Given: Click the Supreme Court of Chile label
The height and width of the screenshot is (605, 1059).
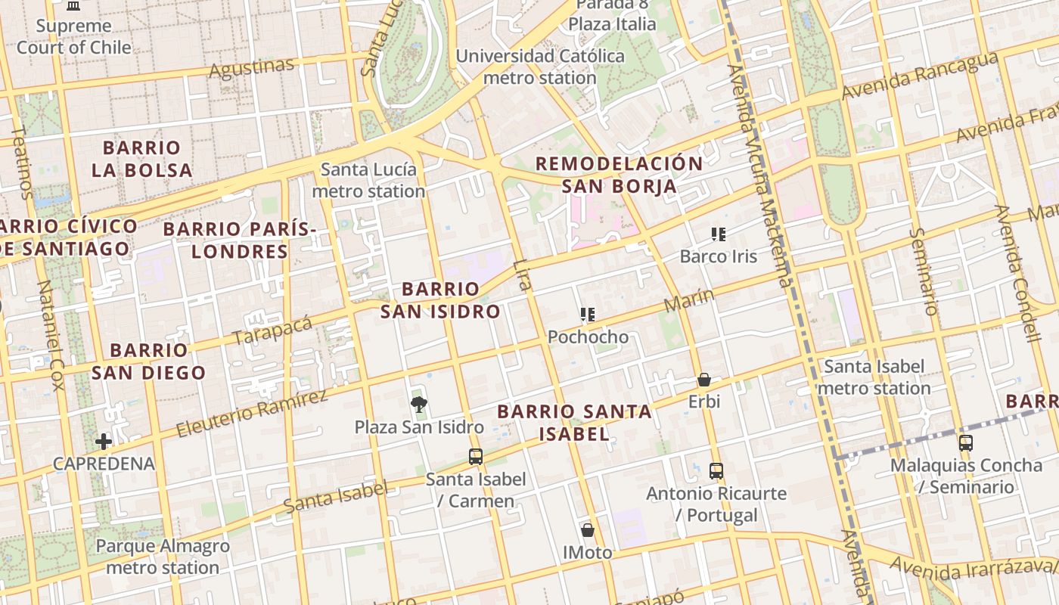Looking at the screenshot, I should coord(73,36).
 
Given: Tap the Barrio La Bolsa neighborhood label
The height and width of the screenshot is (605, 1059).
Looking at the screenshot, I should coord(141,159).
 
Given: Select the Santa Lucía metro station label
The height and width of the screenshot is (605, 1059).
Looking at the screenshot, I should coord(368,180).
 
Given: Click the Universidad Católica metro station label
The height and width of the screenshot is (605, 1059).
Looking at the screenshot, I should coord(540,67).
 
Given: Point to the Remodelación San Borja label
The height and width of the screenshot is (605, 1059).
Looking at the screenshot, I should coord(619,175).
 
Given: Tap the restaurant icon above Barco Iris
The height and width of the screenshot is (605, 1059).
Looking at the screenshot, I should coord(719,234).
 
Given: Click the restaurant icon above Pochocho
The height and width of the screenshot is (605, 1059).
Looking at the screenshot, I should coord(588,315).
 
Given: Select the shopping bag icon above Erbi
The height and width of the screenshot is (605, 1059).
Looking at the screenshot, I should coord(704,380).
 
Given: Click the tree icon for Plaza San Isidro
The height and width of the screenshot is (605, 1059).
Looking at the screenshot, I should coord(418,405).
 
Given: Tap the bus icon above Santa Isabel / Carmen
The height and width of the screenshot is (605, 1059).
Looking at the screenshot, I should coord(475,456).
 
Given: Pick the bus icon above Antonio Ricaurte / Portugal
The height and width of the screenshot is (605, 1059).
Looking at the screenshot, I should coord(716,470).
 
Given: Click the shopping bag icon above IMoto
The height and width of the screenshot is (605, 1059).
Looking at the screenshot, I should coord(588,530).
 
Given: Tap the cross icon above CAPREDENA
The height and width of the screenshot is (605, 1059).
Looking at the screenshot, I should coord(104,442).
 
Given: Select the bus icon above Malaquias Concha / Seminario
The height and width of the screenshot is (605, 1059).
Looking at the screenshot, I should coord(966,443).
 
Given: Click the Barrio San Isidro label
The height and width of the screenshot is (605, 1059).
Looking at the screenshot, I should coord(440,299).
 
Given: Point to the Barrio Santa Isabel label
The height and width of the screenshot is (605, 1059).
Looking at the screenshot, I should coord(574,422).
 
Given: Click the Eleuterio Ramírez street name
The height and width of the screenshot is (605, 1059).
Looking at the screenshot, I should coord(253,414).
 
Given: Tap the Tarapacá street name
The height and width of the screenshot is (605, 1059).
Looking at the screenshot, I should coord(272,330).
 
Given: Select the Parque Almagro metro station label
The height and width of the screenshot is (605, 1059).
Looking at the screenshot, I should coord(163,557).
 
